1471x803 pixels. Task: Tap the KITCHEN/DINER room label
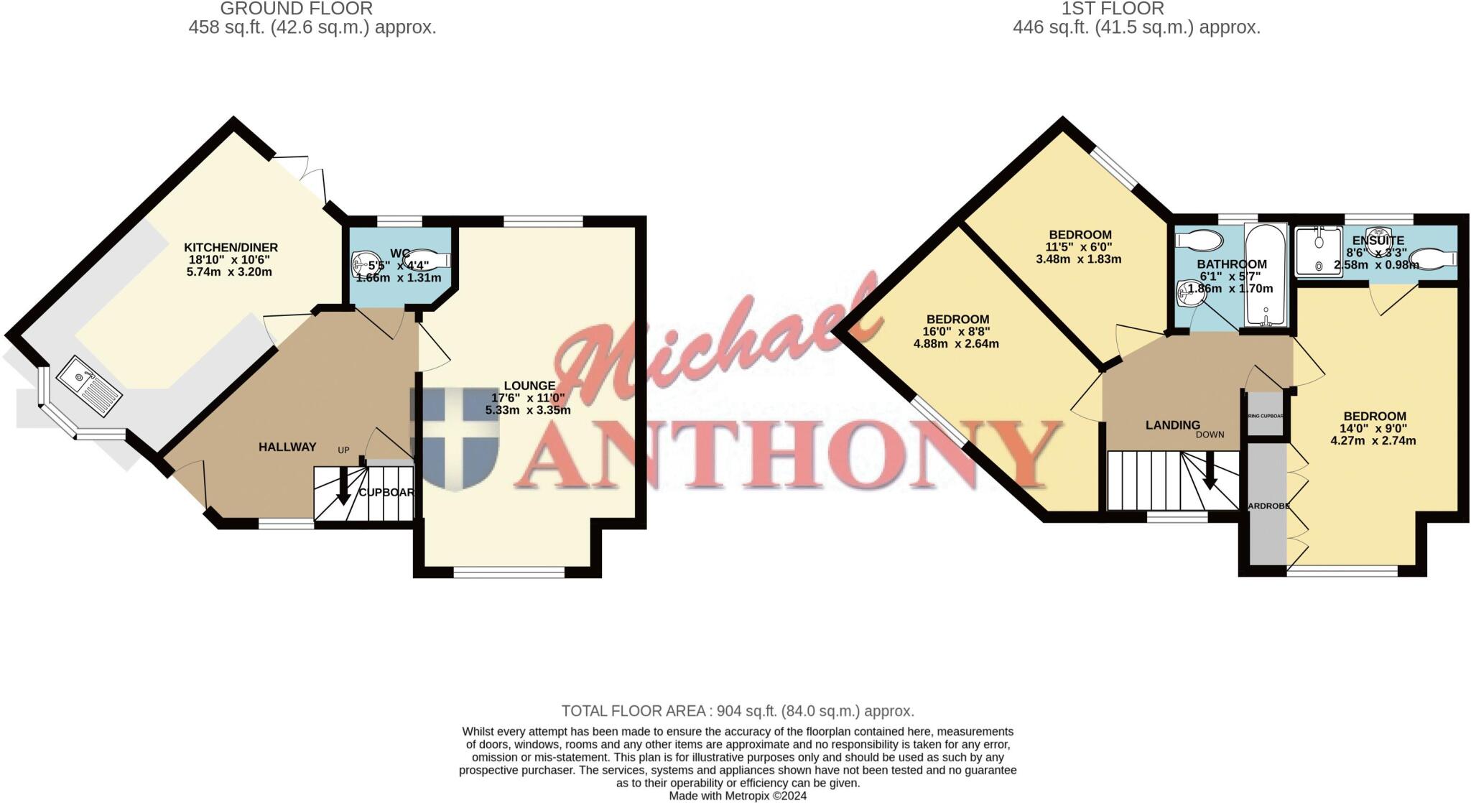(x=231, y=248)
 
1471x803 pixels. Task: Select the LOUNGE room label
(x=529, y=386)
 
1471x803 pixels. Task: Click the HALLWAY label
(x=287, y=447)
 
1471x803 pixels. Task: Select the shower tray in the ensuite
(x=1318, y=251)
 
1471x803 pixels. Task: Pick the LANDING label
(x=1172, y=425)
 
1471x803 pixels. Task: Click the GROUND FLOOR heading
(x=296, y=9)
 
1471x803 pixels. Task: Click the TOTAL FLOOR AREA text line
(x=738, y=711)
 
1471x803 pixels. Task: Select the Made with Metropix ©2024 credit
(x=738, y=796)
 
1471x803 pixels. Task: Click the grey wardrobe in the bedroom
(x=1267, y=503)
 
